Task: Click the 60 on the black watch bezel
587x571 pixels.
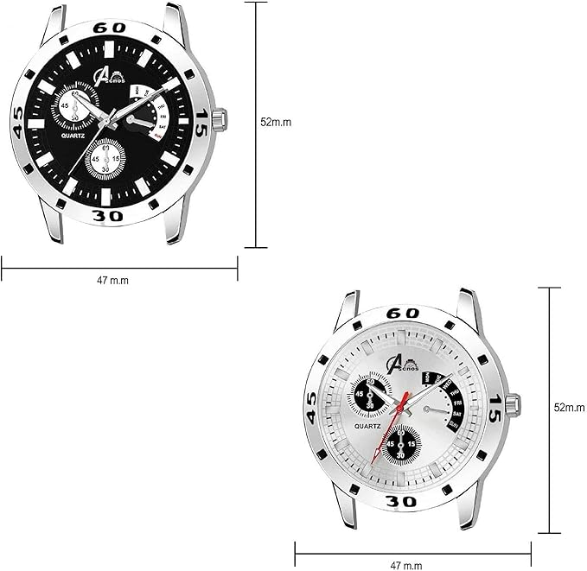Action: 115,28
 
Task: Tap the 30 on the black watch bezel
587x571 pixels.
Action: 109,215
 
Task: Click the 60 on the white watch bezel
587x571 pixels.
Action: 404,313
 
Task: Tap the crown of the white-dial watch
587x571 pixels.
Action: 512,403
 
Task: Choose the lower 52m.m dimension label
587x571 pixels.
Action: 570,406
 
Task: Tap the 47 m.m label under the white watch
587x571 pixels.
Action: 407,565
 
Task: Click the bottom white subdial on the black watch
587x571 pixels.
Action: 106,158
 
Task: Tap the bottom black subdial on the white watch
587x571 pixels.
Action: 401,442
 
